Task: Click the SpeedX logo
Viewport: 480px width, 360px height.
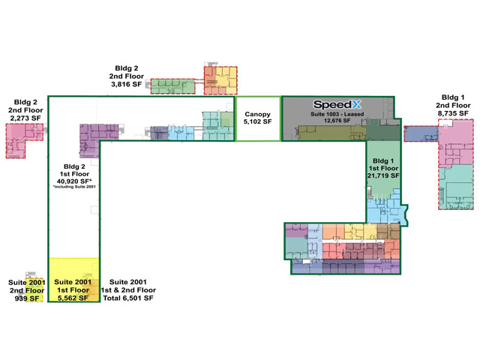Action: [x=337, y=105]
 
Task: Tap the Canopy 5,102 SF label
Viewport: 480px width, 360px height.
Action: [x=257, y=118]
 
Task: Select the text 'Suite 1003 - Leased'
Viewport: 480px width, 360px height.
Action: [x=337, y=114]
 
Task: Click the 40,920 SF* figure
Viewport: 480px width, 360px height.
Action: [x=74, y=181]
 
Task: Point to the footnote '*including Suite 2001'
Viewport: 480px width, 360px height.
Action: [x=74, y=187]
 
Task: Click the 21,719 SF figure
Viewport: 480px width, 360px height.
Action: [x=383, y=175]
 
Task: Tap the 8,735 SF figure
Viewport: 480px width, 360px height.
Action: [x=453, y=113]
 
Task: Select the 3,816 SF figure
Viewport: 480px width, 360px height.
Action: [x=127, y=84]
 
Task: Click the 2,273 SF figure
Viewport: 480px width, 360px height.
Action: [x=25, y=118]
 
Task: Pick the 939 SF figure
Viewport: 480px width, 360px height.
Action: [x=27, y=298]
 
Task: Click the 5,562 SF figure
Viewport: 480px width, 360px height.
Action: [x=73, y=298]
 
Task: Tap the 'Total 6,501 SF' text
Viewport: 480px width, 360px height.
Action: [x=128, y=298]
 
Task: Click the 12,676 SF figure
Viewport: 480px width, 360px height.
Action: [x=337, y=120]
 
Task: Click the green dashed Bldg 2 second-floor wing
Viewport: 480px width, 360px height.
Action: [x=172, y=86]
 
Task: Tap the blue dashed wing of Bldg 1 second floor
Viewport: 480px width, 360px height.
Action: [x=421, y=133]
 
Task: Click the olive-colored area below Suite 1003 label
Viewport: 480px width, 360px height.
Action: [x=331, y=133]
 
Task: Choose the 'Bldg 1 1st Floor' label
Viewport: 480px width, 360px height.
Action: [x=383, y=164]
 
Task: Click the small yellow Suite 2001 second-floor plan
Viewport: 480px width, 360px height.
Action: [x=34, y=289]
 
